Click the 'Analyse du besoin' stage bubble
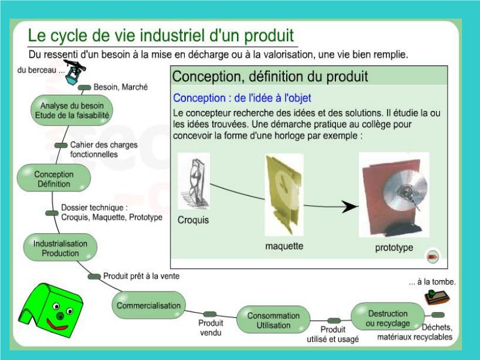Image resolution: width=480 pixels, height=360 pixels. coord(72,110)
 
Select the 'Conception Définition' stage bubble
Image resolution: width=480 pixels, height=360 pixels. coord(54,178)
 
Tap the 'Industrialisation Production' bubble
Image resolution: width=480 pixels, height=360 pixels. coord(61,248)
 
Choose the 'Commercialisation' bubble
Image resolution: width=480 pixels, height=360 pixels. coord(149,305)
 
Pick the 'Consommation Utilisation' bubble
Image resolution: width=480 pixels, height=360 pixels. coord(274,320)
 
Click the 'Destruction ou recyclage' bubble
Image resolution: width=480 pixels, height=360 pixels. coord(388,317)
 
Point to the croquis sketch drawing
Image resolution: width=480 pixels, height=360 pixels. coord(194,182)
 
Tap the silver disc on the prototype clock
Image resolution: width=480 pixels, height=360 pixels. coord(405,190)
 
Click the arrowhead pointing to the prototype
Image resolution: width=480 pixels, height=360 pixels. coord(350,206)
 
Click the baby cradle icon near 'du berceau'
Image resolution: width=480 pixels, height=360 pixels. coord(74,73)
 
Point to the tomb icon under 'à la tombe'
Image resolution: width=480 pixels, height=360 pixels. coord(437,296)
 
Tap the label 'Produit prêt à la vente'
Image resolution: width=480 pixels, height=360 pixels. coord(142,276)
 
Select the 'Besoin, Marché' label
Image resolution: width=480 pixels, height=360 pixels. coord(121,87)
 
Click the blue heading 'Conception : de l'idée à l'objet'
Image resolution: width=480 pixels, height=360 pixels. coord(242,98)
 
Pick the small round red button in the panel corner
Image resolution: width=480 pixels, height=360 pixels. coord(433,256)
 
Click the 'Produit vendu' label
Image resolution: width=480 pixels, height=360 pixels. coord(211,328)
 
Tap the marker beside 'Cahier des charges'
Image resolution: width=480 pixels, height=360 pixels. coord(61,145)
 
